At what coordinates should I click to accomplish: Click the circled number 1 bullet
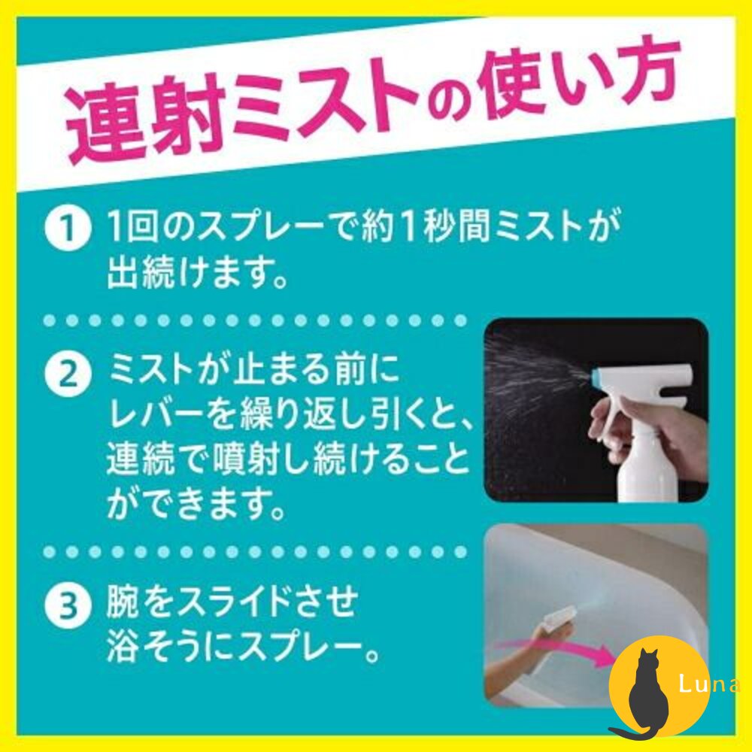tap(68, 229)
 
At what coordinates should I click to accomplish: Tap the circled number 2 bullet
tap(68, 374)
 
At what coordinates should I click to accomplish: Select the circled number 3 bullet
tap(68, 605)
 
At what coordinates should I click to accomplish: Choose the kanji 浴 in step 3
tap(123, 647)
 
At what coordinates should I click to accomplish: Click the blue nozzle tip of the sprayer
tap(595, 378)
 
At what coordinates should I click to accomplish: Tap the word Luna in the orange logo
tap(709, 684)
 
